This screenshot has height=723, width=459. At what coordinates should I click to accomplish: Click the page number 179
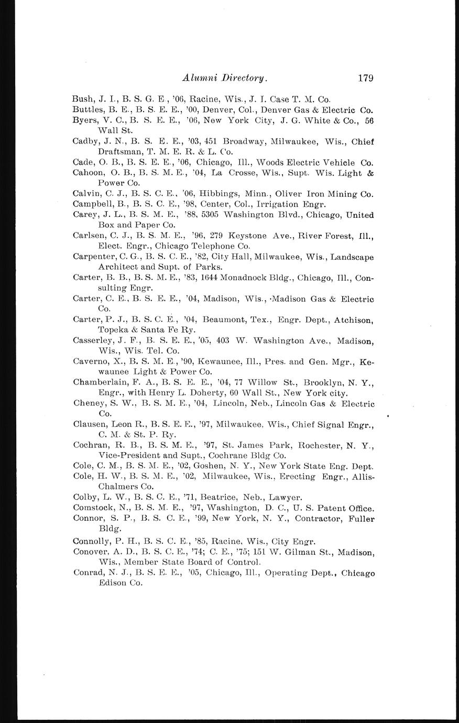pyautogui.click(x=365, y=78)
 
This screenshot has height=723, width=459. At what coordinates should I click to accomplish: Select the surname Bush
pyautogui.click(x=82, y=99)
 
